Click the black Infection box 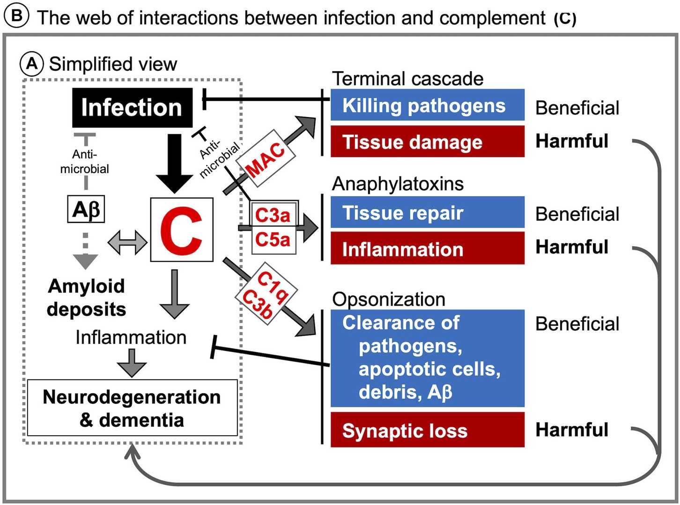click(132, 108)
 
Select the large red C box click(182, 230)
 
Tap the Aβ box click(86, 209)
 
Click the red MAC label click(265, 159)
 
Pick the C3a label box click(273, 215)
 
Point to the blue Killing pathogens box click(427, 105)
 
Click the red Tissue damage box click(427, 141)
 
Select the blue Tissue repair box click(427, 212)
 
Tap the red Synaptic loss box click(427, 430)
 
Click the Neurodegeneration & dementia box click(132, 408)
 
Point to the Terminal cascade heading click(407, 79)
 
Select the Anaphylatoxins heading click(398, 184)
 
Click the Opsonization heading click(389, 300)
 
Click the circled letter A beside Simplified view click(32, 64)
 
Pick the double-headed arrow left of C click(127, 242)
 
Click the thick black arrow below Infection click(174, 163)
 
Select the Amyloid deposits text click(86, 298)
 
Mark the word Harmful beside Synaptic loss click(572, 430)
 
